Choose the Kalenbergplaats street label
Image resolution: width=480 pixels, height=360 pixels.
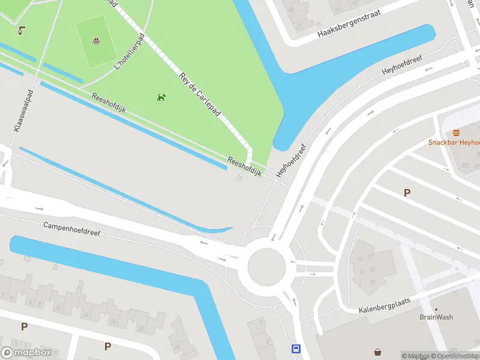click(x=384, y=306)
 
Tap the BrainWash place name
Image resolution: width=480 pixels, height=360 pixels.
click(x=436, y=317)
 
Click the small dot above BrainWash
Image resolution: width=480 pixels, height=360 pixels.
click(x=436, y=310)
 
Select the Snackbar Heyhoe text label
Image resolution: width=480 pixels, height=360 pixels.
click(x=454, y=142)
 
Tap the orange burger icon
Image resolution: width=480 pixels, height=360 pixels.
click(x=457, y=133)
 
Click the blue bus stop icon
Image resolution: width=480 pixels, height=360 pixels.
click(x=296, y=349)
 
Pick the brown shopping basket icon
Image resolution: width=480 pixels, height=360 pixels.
click(x=378, y=352)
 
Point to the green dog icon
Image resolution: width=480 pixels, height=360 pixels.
click(x=161, y=97)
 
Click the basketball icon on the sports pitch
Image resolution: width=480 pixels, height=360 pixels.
click(x=95, y=41)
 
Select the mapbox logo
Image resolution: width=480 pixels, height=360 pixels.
click(x=26, y=353)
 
